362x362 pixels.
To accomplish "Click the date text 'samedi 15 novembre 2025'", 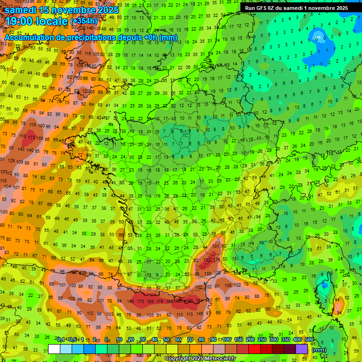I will tap(61, 9).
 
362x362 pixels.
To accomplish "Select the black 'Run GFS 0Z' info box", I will tap(296, 8).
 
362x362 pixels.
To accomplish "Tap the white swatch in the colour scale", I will tap(54, 349).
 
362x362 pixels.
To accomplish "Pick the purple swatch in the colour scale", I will tap(302, 349).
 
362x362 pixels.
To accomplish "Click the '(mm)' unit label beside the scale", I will tap(319, 350).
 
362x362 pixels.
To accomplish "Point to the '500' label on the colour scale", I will tap(309, 339).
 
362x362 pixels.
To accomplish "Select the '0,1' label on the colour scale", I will tap(61, 339).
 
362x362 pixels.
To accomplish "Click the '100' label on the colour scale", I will tap(227, 339).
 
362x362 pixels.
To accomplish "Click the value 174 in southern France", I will tap(217, 260).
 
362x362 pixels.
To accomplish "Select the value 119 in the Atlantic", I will tap(32, 125).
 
